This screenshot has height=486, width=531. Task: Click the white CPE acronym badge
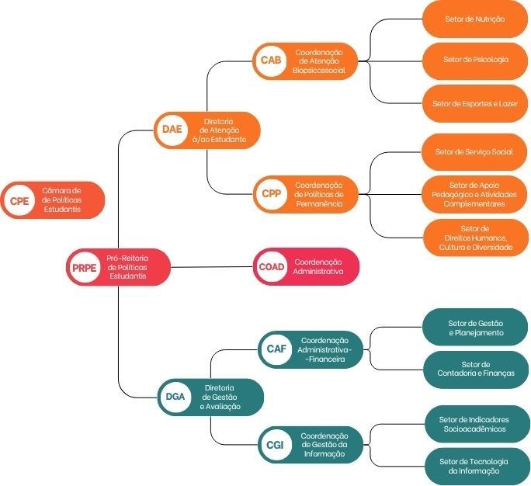pos(18,200)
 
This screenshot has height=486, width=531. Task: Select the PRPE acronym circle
pos(82,267)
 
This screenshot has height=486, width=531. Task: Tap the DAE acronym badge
pos(172,130)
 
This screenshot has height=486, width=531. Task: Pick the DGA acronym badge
pos(175,397)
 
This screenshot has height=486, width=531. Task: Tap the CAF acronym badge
pos(276,349)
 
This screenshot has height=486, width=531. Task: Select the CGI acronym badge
pos(275,445)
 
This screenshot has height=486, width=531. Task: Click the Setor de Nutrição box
pos(475,18)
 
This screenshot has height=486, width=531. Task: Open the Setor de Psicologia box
pos(475,60)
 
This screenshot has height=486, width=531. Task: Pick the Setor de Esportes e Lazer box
pos(475,102)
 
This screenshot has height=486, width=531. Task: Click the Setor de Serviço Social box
pos(474,152)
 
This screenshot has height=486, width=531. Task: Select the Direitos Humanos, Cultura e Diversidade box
pos(474,237)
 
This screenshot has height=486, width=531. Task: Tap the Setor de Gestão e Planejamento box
pos(476,328)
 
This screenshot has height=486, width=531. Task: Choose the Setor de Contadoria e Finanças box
pos(476,369)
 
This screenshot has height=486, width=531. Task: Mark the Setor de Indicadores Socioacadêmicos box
pos(474,424)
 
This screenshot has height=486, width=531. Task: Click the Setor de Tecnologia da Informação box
pos(474,466)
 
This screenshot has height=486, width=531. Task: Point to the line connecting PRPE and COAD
pos(212,267)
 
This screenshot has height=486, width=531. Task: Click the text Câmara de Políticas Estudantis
pos(61,200)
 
